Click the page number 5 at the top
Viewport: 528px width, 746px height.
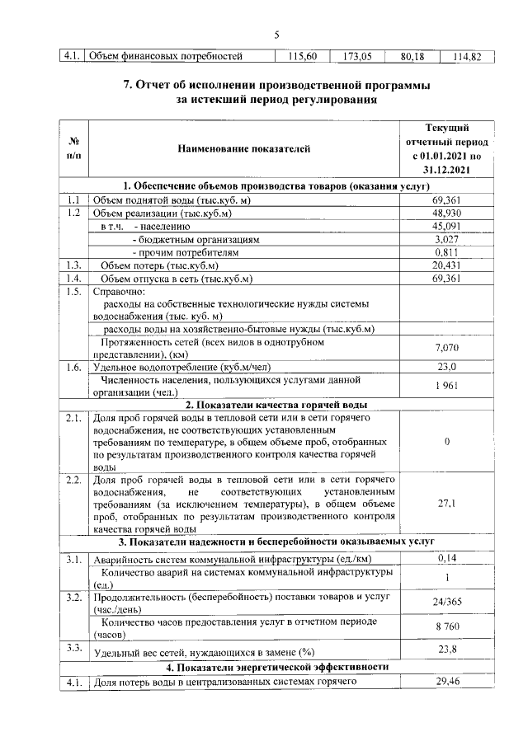pyautogui.click(x=277, y=35)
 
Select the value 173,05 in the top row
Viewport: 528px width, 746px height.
pyautogui.click(x=356, y=57)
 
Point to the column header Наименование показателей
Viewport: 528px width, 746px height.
pyautogui.click(x=243, y=148)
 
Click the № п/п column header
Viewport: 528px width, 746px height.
pyautogui.click(x=73, y=148)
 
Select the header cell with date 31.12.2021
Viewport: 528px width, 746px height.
pyautogui.click(x=446, y=169)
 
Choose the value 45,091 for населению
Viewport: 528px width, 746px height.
pyautogui.click(x=446, y=226)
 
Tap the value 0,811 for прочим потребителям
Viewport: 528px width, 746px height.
pyautogui.click(x=446, y=252)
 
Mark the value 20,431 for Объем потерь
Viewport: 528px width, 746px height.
pyautogui.click(x=446, y=265)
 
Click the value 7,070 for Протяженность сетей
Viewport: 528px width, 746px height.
pyautogui.click(x=446, y=348)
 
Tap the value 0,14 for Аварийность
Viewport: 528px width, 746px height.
pyautogui.click(x=446, y=559)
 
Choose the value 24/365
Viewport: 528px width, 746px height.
pyautogui.click(x=446, y=602)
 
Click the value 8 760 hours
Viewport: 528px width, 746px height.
pyautogui.click(x=446, y=629)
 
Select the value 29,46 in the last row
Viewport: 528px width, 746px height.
pyautogui.click(x=446, y=683)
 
